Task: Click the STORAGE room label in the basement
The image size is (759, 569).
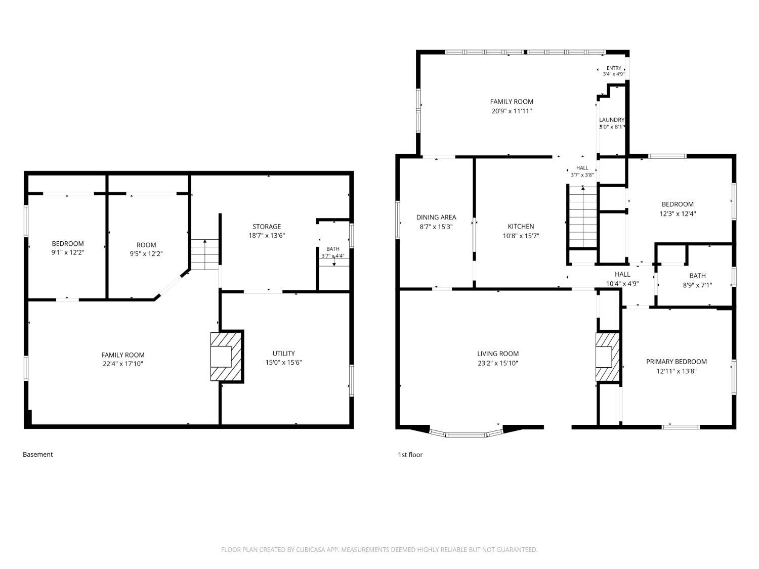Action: [x=266, y=226]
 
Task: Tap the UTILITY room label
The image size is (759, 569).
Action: [x=283, y=353]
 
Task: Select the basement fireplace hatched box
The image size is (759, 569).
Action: [x=226, y=357]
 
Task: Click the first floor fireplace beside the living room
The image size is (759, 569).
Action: [x=607, y=357]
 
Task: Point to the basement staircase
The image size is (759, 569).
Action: [x=205, y=254]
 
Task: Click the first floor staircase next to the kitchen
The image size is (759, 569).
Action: [x=582, y=217]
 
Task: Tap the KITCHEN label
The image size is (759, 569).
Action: [x=521, y=226]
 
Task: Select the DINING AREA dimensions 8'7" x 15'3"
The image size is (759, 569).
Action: [x=436, y=227]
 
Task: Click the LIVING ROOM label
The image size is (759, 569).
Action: [x=497, y=354]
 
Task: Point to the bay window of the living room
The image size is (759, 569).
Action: [x=466, y=434]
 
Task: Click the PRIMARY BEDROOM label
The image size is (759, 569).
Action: [x=677, y=361]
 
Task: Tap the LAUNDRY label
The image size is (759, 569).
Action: [x=612, y=119]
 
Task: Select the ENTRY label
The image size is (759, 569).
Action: [x=614, y=68]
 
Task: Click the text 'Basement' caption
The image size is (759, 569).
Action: [x=37, y=454]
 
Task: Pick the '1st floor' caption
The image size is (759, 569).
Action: [x=410, y=455]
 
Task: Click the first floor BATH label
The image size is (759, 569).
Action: [x=697, y=276]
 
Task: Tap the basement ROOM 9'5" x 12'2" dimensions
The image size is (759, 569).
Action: [x=146, y=253]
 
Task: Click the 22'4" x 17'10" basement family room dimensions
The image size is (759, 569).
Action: [x=123, y=364]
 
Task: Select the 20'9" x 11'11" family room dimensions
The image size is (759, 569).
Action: [x=512, y=111]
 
